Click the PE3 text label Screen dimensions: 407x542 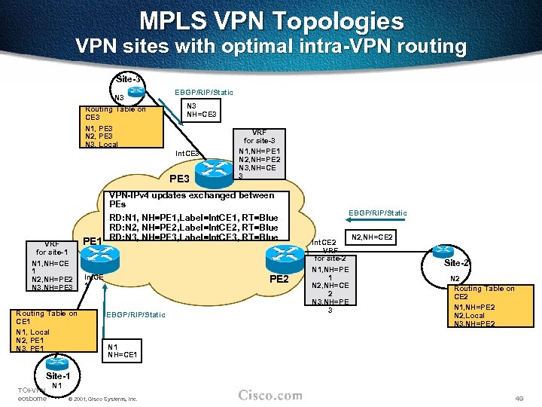pos(180,179)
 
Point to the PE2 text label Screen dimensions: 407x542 pos(279,280)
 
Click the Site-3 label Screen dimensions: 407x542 pos(128,79)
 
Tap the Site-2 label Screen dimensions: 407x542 pos(457,263)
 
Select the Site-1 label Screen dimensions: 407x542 pos(59,375)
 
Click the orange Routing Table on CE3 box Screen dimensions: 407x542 pos(123,126)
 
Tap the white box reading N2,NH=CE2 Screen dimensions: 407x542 pos(372,237)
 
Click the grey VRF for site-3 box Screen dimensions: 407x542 pos(260,152)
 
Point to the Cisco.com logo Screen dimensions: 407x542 pos(270,396)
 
